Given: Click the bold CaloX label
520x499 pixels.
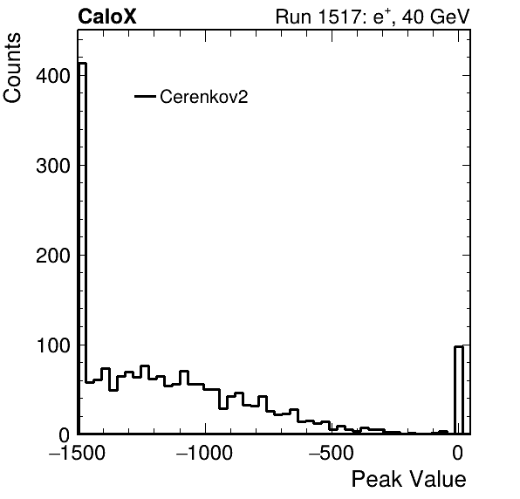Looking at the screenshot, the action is (107, 17).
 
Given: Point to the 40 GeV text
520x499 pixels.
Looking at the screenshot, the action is (436, 17).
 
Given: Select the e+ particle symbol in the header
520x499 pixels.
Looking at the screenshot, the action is (384, 17).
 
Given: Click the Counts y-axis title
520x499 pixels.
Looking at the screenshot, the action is (12, 67).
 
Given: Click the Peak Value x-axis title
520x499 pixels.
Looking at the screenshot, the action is (408, 479).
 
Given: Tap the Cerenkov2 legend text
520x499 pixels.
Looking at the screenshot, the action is (204, 97).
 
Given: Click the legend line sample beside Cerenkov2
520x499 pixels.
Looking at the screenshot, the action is (145, 97).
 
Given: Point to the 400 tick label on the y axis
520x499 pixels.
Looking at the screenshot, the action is (53, 76).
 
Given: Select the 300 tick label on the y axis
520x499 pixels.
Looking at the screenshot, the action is (53, 166).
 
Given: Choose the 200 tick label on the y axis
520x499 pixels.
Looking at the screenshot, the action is (53, 256).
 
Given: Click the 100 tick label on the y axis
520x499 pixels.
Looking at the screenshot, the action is (53, 345).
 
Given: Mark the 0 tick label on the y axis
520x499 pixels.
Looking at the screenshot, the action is (65, 435).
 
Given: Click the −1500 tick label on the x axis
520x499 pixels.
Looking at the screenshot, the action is (77, 453).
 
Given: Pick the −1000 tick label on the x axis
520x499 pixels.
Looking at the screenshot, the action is (205, 453).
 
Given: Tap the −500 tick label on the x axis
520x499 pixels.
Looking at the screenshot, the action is (332, 453).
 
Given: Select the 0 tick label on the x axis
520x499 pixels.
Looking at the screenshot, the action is (458, 453).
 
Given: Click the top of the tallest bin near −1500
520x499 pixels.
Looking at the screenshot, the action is (82, 64).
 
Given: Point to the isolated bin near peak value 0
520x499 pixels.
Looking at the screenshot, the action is (459, 390).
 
